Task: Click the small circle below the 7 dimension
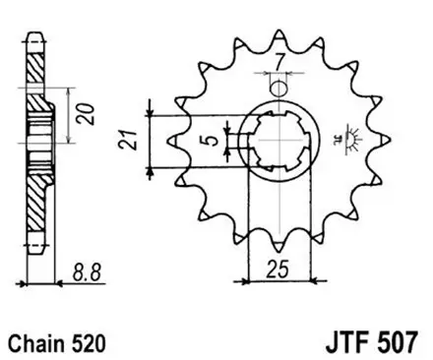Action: [x=279, y=90]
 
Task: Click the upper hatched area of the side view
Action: [x=36, y=74]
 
